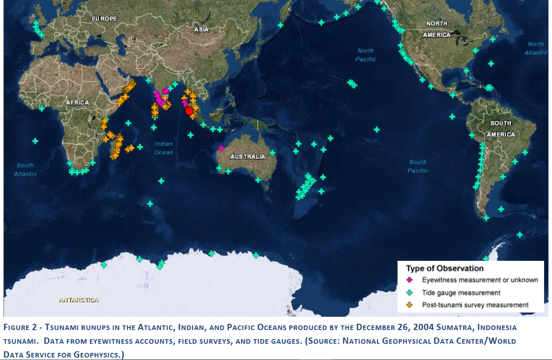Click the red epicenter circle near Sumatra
(189, 111)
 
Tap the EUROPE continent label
(104, 19)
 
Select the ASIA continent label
(201, 30)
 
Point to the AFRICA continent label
(78, 102)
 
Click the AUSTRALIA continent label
(248, 157)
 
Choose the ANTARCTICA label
(79, 300)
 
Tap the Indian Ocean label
(163, 148)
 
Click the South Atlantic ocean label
(25, 170)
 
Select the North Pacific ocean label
(366, 55)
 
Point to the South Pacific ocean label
(418, 166)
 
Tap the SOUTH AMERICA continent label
(500, 129)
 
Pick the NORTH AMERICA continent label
(437, 29)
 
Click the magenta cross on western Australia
(221, 147)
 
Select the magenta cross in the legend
(409, 280)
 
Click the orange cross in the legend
(409, 305)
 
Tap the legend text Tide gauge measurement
(461, 292)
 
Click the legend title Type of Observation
(445, 269)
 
